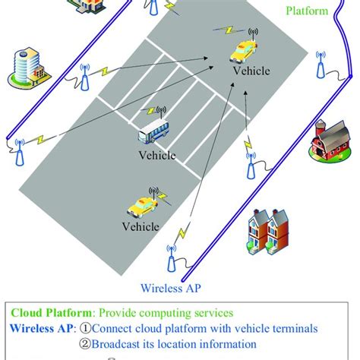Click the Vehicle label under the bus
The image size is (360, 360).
click(156, 156)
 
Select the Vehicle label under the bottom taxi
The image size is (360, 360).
click(141, 226)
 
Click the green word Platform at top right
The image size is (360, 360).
click(308, 11)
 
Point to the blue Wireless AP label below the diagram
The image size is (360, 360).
click(175, 288)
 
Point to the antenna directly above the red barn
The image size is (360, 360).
click(320, 65)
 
